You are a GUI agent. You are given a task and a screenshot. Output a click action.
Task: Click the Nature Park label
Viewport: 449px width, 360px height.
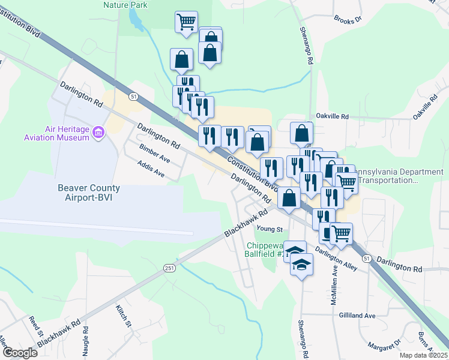click(125, 4)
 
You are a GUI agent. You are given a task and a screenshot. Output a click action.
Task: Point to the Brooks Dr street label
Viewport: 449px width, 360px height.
click(349, 20)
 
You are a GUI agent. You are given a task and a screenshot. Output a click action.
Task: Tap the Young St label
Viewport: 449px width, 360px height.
click(269, 229)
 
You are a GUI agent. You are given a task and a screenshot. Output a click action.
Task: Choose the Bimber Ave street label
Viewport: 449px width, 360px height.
click(154, 153)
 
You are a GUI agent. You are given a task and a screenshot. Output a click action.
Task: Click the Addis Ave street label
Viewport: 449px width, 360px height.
click(151, 169)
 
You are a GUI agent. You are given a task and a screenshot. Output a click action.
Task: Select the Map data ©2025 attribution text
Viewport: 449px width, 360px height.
click(423, 355)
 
